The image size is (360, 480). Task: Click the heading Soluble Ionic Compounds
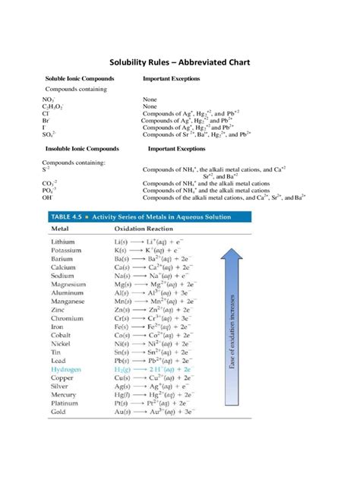[80, 78]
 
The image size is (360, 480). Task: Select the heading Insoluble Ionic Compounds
[81, 149]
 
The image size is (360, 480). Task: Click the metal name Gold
[60, 411]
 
